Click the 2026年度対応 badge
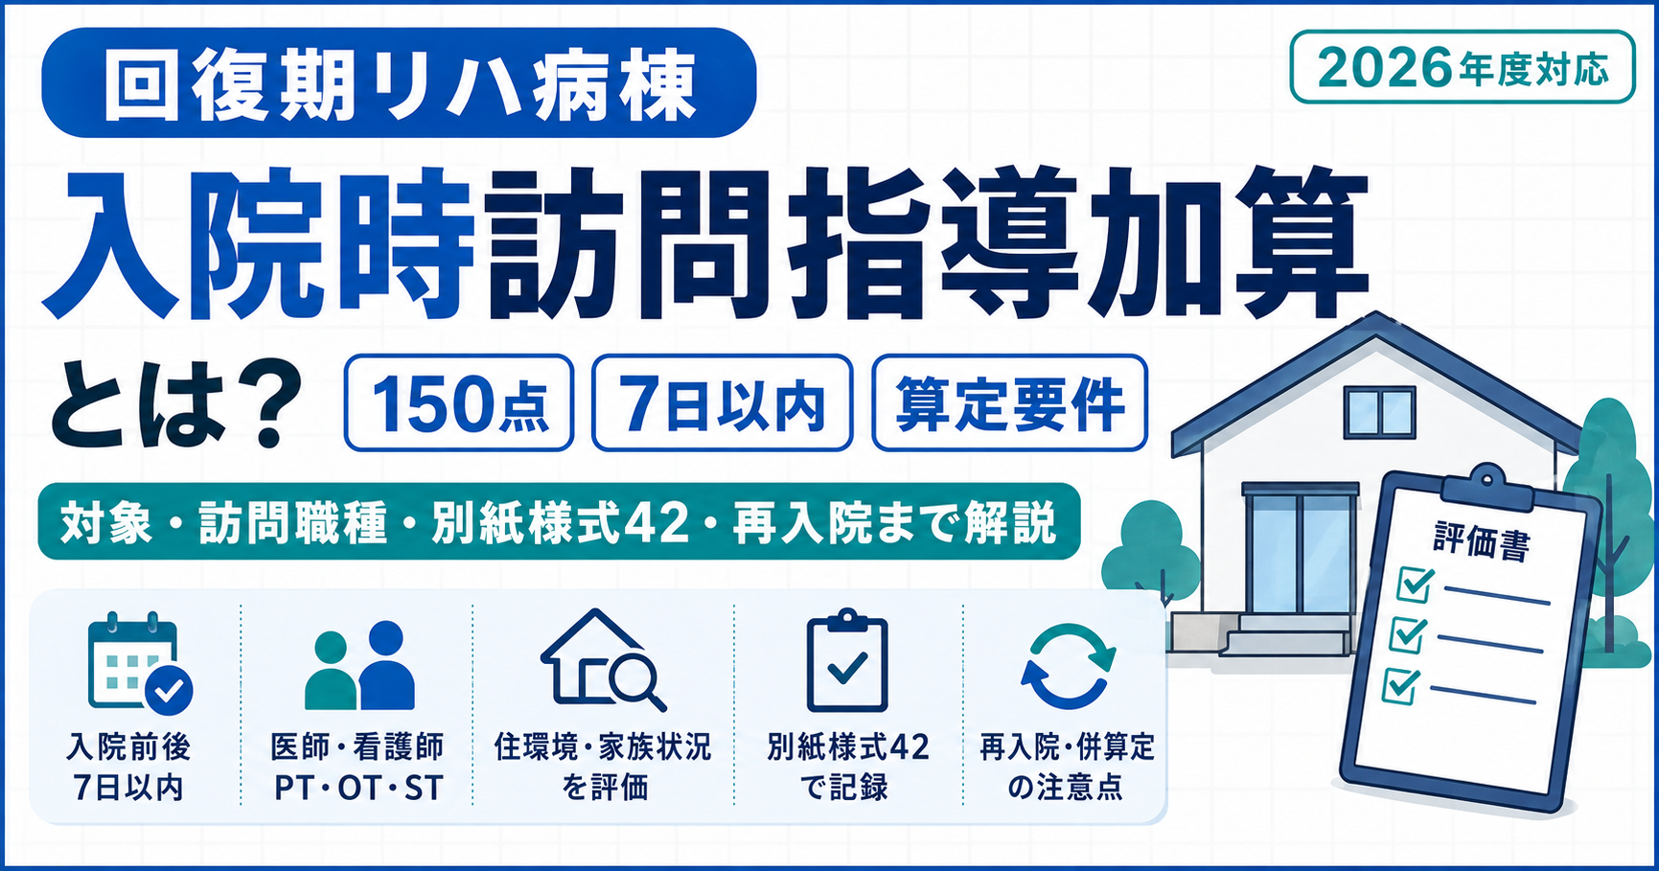click(x=1462, y=67)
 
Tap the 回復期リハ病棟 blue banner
click(x=399, y=82)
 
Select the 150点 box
click(x=459, y=402)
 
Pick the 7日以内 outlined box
click(x=722, y=402)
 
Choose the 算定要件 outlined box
click(x=1009, y=402)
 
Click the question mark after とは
click(x=262, y=404)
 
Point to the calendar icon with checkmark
click(x=139, y=663)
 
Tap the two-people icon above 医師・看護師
click(x=359, y=665)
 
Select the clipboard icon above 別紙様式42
click(x=846, y=661)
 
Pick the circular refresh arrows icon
click(x=1068, y=665)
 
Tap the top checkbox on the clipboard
click(x=1416, y=584)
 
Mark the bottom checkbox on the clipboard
click(x=1401, y=686)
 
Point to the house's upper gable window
click(x=1380, y=413)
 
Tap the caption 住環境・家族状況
click(x=603, y=746)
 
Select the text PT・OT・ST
click(x=358, y=788)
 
